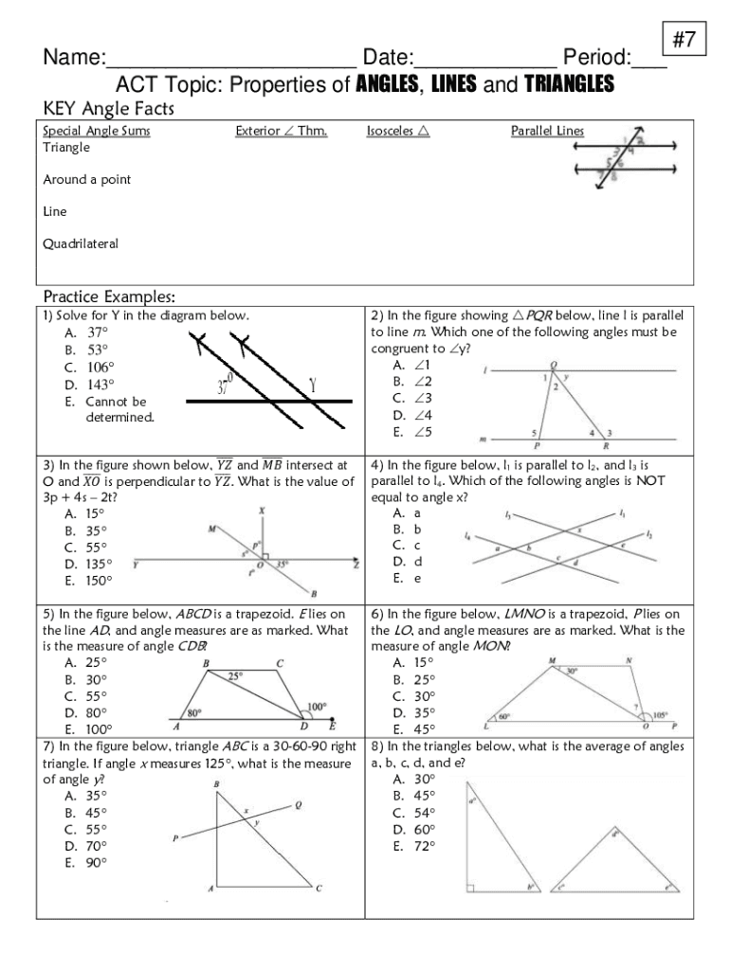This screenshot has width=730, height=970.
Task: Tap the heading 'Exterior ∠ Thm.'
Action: (x=281, y=132)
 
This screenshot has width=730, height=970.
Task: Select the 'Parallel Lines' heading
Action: (x=547, y=132)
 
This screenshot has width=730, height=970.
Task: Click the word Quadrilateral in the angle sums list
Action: (x=81, y=243)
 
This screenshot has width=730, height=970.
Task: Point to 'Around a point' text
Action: (x=86, y=180)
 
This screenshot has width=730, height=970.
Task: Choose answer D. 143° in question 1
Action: (x=87, y=385)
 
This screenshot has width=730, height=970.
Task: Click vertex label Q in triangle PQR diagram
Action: (x=554, y=363)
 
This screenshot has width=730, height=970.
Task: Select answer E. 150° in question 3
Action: (x=87, y=581)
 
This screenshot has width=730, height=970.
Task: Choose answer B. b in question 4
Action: (x=407, y=530)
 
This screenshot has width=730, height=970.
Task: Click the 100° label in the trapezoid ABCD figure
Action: (x=316, y=707)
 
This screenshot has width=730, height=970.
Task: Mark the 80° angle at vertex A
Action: (x=193, y=712)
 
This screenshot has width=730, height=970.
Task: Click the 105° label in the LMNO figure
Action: (x=659, y=715)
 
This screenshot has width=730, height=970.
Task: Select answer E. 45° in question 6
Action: (x=413, y=729)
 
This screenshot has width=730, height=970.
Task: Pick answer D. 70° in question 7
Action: (x=86, y=846)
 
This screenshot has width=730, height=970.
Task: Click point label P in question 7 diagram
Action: (x=174, y=837)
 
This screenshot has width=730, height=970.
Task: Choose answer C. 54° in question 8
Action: (x=414, y=813)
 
